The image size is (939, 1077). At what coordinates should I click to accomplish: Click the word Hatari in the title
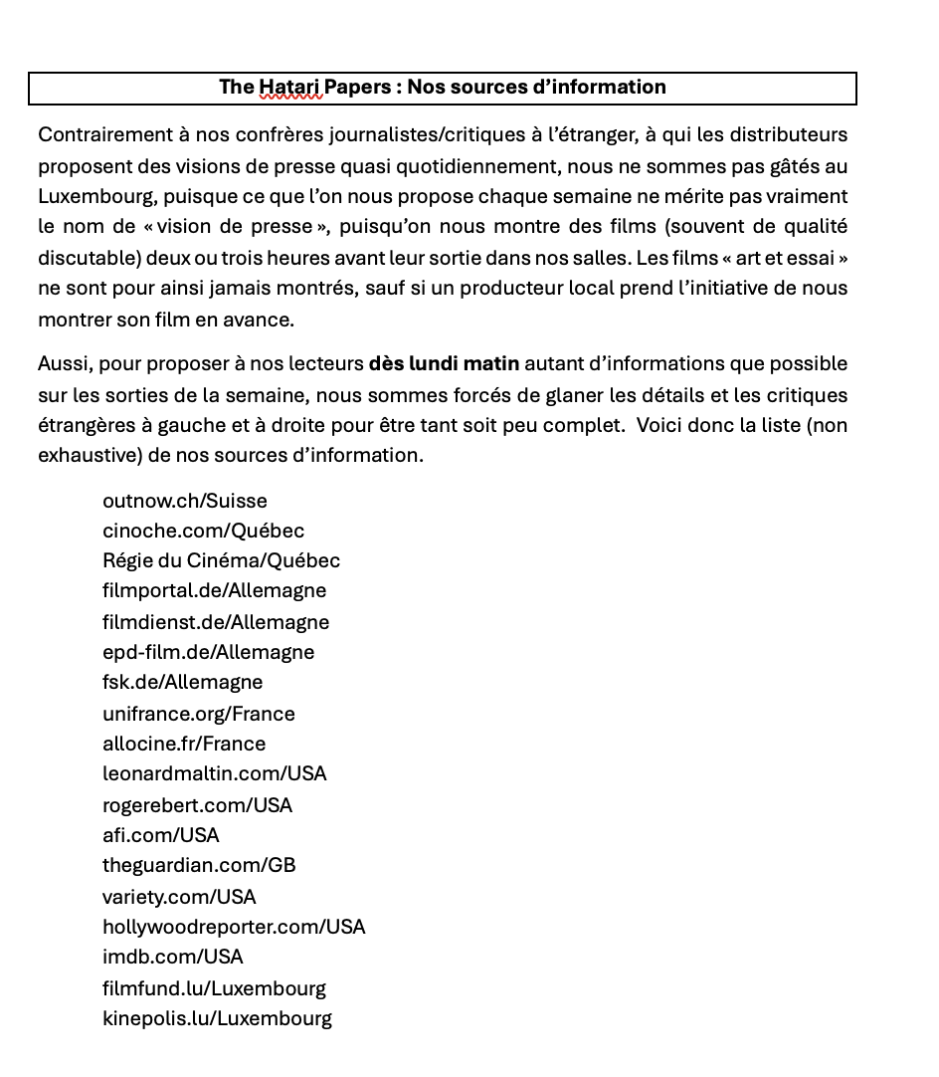pos(290,88)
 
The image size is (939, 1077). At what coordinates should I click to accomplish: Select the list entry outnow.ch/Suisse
pos(184,501)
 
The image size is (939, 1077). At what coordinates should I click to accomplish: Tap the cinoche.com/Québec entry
pos(203,531)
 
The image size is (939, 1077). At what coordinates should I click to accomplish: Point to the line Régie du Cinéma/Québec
pos(221,560)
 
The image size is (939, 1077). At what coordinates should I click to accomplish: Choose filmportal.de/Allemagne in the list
pos(214,590)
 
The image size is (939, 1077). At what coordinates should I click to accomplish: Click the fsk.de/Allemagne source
pos(182,682)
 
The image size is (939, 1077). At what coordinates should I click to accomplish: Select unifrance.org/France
pos(198,714)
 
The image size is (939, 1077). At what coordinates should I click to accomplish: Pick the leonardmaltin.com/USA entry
pos(214,773)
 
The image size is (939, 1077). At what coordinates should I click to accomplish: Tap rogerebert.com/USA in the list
pos(197,805)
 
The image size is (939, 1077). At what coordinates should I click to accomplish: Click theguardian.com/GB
pos(199,865)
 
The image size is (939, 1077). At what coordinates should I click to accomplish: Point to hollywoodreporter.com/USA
pos(234,927)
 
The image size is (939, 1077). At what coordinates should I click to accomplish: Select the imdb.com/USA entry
pos(172,957)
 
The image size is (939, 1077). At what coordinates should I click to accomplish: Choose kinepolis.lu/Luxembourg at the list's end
pos(217,1018)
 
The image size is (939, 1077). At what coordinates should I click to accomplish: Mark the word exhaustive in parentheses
pos(83,456)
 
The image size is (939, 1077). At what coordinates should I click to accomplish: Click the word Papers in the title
pos(358,88)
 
